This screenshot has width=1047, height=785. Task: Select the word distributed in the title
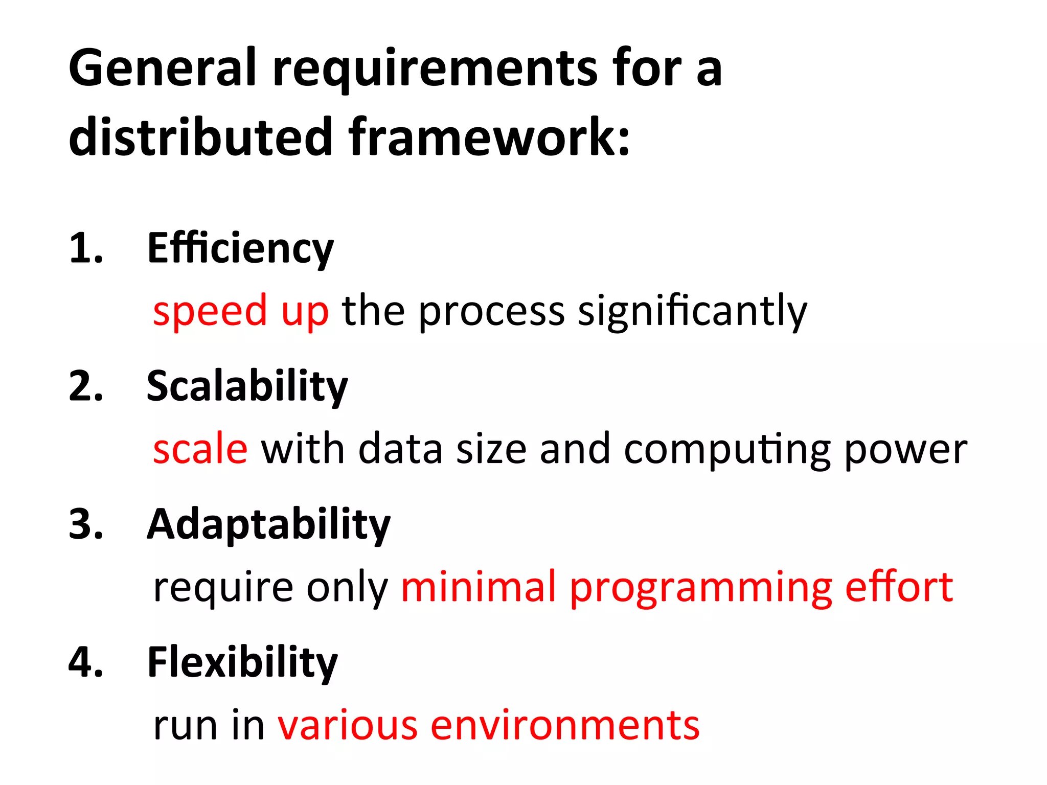point(201,136)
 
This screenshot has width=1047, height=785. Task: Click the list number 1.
point(85,248)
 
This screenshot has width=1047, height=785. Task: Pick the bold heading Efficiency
point(240,249)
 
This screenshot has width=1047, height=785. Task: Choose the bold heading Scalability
point(247,387)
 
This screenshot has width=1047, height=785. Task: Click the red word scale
point(200,449)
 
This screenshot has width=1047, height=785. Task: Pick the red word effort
point(899,587)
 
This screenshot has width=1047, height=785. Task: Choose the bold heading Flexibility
point(242,663)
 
